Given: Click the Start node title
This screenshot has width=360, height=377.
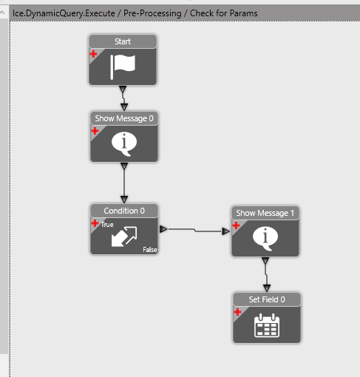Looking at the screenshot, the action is click(123, 41).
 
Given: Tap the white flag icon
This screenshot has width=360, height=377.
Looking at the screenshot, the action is click(123, 67).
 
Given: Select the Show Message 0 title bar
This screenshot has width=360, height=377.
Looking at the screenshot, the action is click(124, 118).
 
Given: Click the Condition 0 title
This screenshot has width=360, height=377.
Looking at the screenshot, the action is click(124, 211).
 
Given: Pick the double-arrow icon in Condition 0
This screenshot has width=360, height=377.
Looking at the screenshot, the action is click(124, 237).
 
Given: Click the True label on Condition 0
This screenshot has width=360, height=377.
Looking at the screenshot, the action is click(107, 225).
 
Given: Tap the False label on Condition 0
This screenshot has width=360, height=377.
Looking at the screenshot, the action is click(150, 250).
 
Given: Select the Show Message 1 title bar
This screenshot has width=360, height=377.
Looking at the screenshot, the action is click(265, 213).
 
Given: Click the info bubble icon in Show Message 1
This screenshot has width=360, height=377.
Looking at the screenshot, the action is click(265, 239).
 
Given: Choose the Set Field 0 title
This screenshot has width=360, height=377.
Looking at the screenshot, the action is click(267, 299).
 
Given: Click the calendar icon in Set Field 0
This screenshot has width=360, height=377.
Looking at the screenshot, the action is click(267, 325).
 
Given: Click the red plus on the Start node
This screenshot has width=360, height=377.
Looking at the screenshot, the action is click(93, 54).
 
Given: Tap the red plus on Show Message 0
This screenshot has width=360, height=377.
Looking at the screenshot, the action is click(95, 131).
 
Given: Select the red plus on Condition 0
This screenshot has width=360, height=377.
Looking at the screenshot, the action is click(95, 223).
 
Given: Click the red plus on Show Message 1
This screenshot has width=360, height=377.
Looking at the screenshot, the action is click(236, 225).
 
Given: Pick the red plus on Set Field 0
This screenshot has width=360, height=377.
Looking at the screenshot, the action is click(237, 312).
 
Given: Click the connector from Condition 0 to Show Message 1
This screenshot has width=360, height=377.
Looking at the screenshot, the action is click(195, 231).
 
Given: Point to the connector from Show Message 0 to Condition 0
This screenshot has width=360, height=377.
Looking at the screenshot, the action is click(124, 183).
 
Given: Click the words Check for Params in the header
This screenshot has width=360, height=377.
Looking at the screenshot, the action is click(224, 13).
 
